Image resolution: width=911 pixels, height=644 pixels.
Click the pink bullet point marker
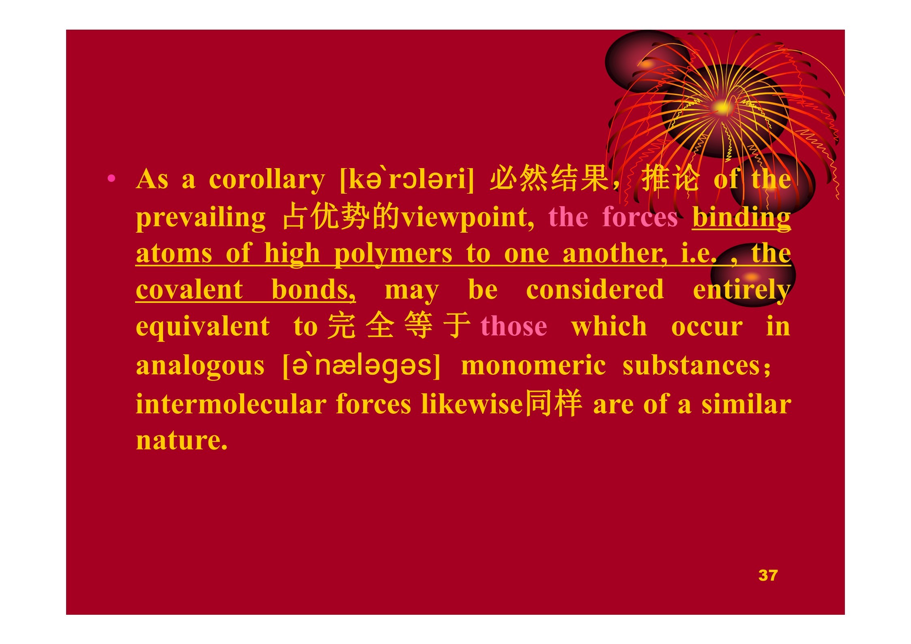[x=112, y=178]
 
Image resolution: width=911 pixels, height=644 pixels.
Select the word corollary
[x=267, y=180]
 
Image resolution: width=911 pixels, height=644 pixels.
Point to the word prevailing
[x=201, y=218]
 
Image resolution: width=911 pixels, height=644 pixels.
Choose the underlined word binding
[x=741, y=218]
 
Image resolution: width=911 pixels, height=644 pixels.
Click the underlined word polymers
[x=393, y=254]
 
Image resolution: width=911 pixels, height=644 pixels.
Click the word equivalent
[x=203, y=326]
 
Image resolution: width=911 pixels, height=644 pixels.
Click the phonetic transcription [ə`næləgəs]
[x=361, y=365]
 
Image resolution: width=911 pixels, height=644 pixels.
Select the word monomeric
[x=533, y=365]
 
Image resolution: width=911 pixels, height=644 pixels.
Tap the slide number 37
[x=768, y=575]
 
